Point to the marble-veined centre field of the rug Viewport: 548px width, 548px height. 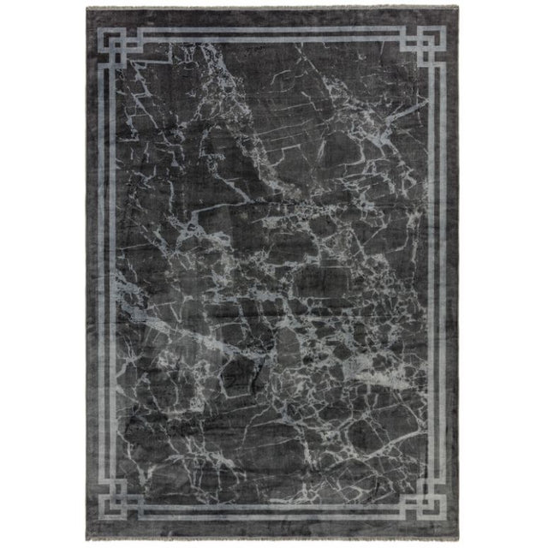(274, 274)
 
